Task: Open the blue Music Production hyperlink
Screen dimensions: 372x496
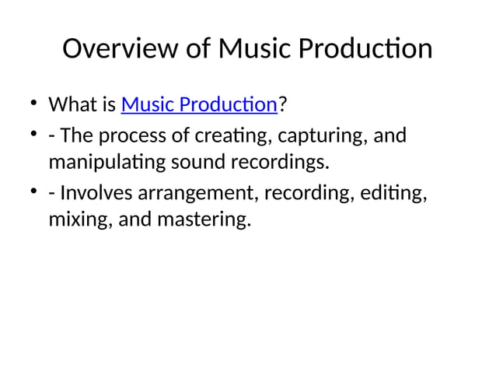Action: click(x=200, y=104)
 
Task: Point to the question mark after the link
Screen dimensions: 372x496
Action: click(x=282, y=104)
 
